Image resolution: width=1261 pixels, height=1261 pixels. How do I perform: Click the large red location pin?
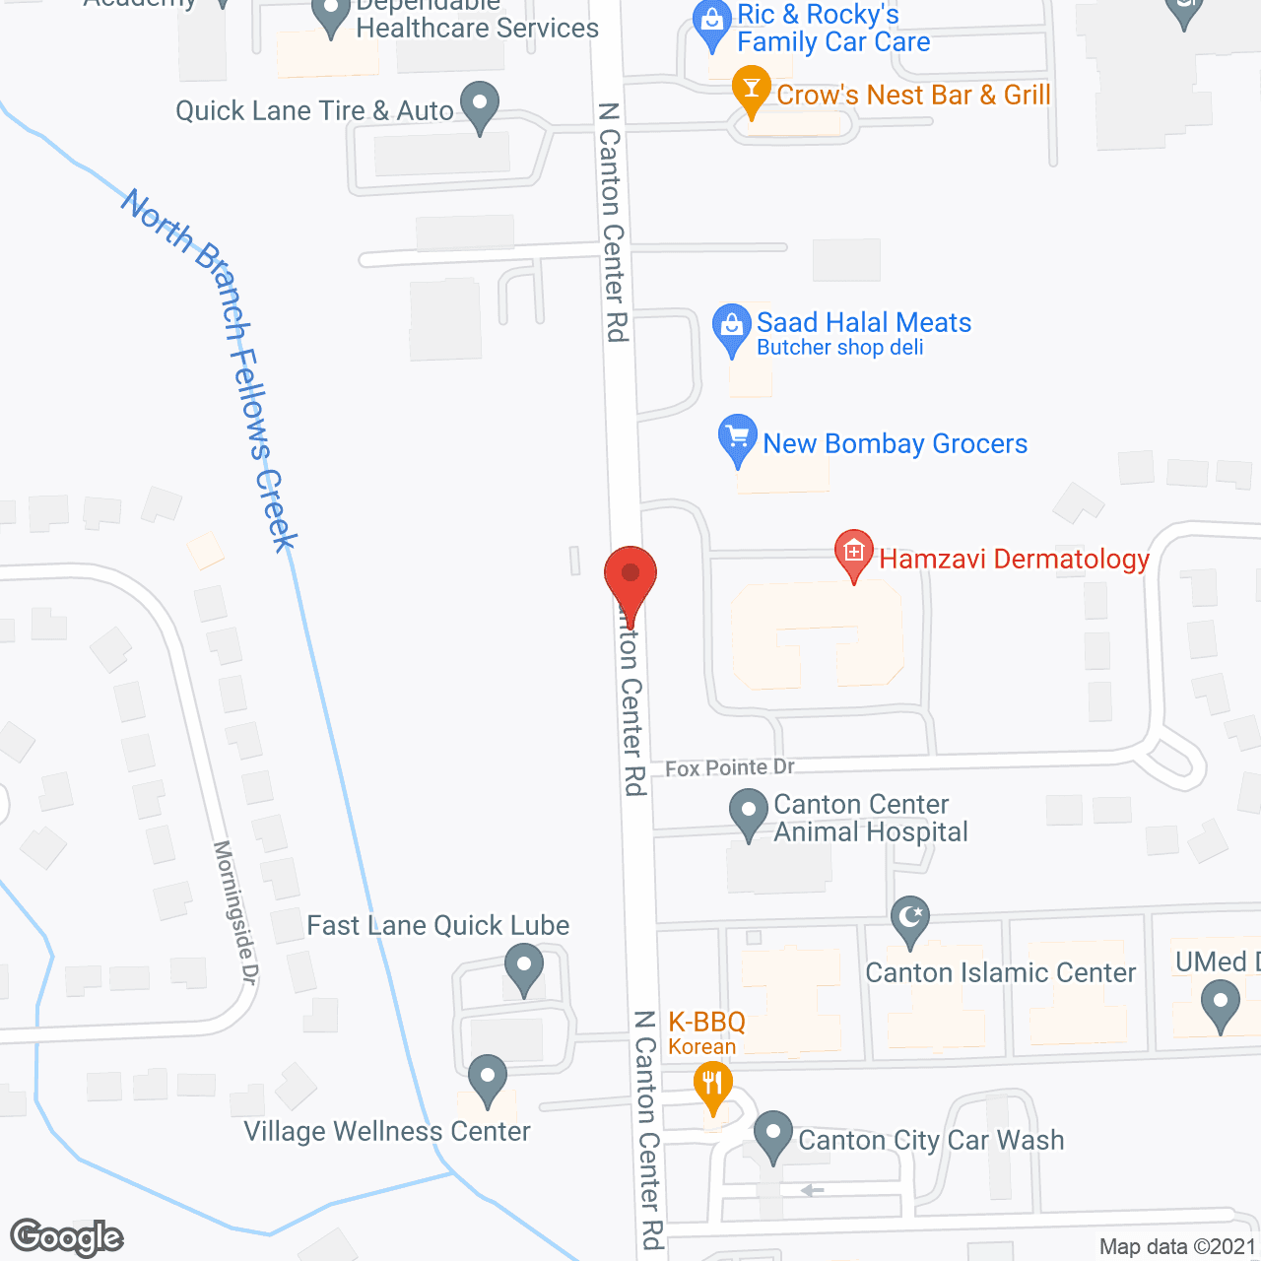(x=630, y=576)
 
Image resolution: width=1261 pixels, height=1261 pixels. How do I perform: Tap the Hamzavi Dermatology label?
(x=1014, y=560)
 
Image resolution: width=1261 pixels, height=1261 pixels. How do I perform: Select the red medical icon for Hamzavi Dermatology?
(x=854, y=553)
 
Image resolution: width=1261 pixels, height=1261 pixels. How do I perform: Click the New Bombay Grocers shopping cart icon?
(x=738, y=436)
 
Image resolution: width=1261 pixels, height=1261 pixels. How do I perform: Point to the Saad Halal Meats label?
(x=863, y=323)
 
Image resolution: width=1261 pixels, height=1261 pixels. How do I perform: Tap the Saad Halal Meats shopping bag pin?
(x=731, y=325)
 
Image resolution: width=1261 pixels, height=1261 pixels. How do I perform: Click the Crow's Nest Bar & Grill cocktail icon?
(x=752, y=89)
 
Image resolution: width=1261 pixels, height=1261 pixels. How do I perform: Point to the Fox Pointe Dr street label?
(x=729, y=767)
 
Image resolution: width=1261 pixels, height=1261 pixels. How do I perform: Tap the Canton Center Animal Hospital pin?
(x=749, y=815)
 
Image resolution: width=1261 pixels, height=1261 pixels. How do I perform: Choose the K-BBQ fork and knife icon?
(x=711, y=1087)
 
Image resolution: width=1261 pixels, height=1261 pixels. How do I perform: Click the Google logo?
(x=67, y=1237)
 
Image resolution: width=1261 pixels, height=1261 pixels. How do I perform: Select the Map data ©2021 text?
(x=1177, y=1247)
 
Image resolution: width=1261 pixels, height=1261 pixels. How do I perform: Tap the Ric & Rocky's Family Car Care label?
(x=832, y=28)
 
